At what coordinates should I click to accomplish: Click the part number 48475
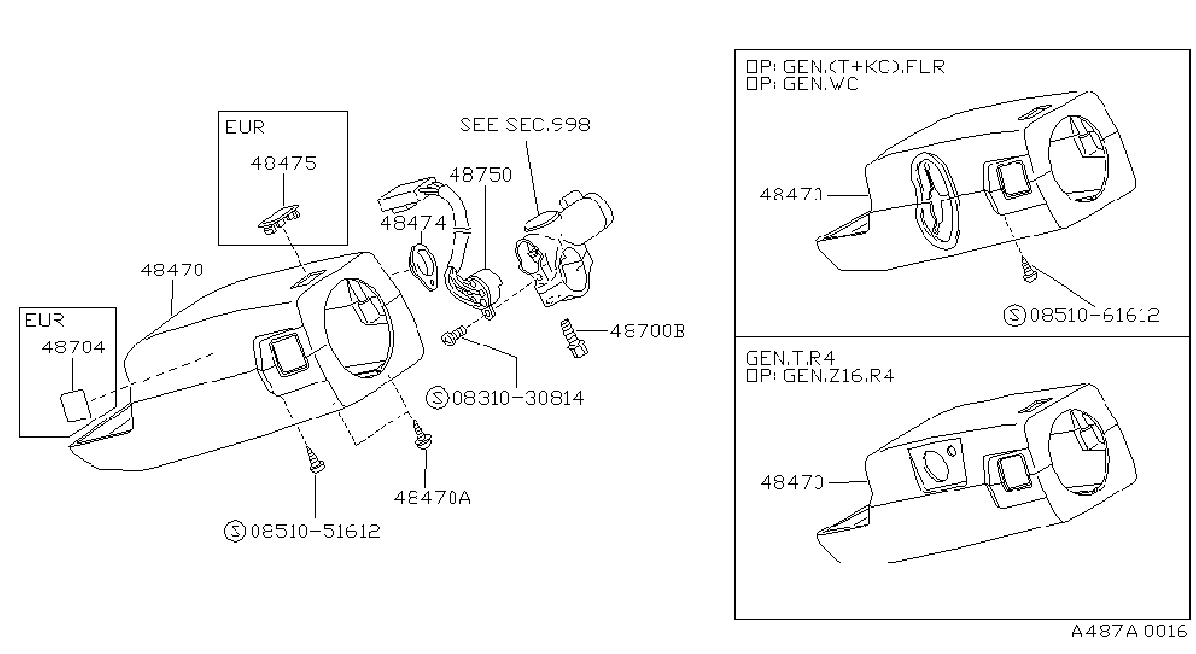point(283,163)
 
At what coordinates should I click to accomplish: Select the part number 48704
point(74,347)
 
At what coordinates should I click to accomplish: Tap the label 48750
point(481,175)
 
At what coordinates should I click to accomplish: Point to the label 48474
point(413,223)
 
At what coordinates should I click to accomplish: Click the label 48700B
point(647,331)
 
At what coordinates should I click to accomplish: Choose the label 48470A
point(432,498)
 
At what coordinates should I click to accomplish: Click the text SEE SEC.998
point(526,125)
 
